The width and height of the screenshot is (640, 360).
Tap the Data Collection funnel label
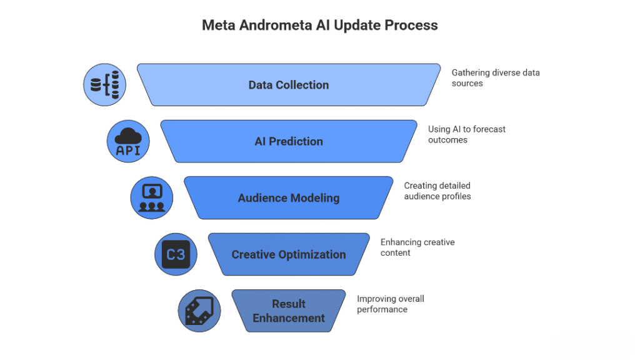pyautogui.click(x=289, y=85)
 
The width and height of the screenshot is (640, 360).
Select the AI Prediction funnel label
pyautogui.click(x=289, y=141)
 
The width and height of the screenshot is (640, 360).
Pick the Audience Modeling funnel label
pyautogui.click(x=289, y=198)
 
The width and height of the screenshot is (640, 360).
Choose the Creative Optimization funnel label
pyautogui.click(x=289, y=254)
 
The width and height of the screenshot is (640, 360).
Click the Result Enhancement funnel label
pyautogui.click(x=289, y=311)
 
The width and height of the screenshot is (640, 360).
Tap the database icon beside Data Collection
pyautogui.click(x=104, y=84)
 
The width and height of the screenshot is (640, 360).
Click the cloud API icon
pyautogui.click(x=128, y=141)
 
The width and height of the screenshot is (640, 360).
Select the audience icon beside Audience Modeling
pyautogui.click(x=152, y=197)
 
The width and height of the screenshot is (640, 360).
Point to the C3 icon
pyautogui.click(x=176, y=254)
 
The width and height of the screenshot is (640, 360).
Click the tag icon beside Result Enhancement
pyautogui.click(x=199, y=311)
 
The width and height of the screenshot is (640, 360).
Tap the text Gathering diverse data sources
pyautogui.click(x=496, y=78)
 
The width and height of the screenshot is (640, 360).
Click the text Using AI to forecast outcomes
pyautogui.click(x=467, y=134)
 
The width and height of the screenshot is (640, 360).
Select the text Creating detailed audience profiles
pyautogui.click(x=437, y=191)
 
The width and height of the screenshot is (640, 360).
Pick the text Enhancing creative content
pyautogui.click(x=417, y=247)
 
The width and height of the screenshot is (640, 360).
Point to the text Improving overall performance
pyautogui.click(x=390, y=304)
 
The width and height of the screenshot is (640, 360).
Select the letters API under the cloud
pyautogui.click(x=128, y=150)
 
